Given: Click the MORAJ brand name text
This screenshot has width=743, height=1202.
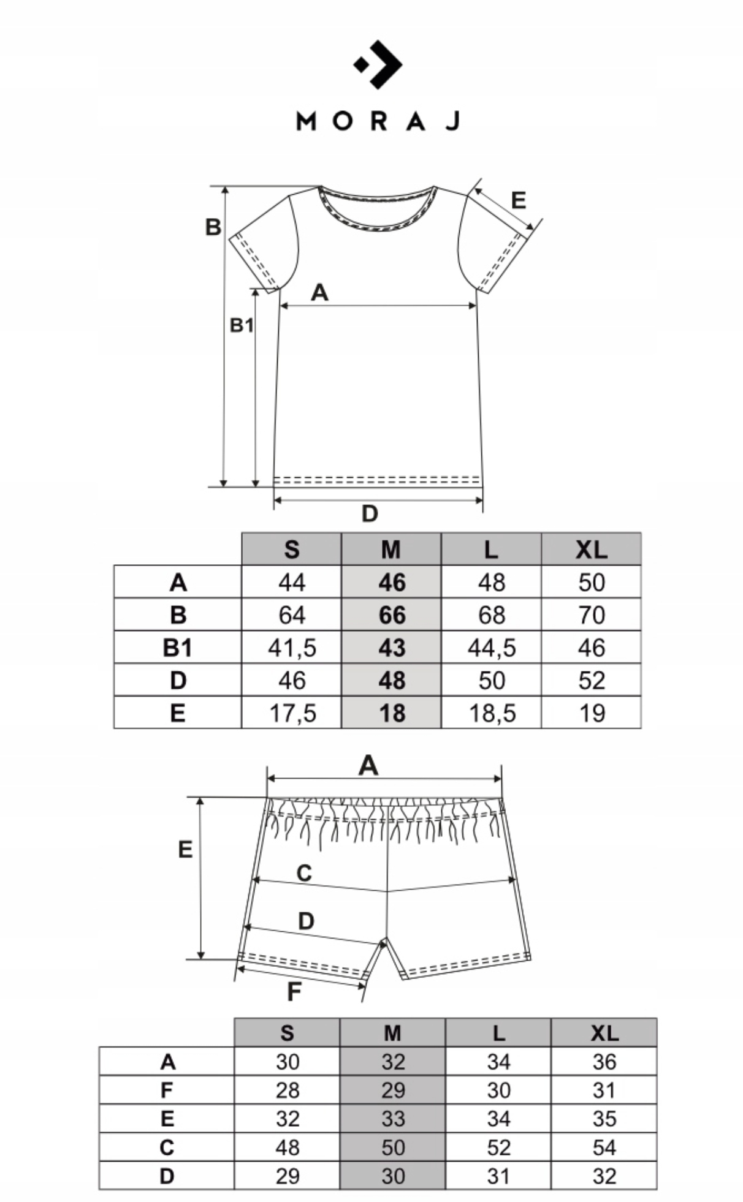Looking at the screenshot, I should point(378,121).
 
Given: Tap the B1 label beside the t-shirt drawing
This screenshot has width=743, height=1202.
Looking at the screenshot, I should point(241,325).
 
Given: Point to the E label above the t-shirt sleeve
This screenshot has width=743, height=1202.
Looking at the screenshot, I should point(518,200).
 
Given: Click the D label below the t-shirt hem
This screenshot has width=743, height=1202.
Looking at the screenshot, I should point(370,514).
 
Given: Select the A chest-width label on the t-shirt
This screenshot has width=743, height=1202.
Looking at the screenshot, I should point(319,293).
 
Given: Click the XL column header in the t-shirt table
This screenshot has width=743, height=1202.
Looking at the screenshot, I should point(591,550).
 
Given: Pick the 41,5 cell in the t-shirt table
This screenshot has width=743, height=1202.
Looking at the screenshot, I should point(291,648).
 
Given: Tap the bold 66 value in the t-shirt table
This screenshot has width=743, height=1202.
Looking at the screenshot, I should point(391,615).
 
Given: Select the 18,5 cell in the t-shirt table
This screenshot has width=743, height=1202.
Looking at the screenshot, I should point(491,713).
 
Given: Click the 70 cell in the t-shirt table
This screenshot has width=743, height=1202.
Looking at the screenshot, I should point(591,615).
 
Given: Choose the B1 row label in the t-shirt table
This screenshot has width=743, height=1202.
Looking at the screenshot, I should point(177,648).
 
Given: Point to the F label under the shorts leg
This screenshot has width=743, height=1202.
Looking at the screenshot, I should point(294,992).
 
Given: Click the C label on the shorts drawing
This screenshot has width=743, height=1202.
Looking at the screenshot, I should point(304,873).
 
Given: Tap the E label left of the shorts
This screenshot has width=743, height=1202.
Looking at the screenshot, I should point(185,850).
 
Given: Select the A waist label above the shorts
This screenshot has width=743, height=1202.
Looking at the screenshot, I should point(368,765).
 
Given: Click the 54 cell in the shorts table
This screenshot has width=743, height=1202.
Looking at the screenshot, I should point(604,1147).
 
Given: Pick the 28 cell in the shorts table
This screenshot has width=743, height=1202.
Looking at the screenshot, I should point(287,1090).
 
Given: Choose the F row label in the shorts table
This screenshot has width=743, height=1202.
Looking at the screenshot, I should point(167,1090).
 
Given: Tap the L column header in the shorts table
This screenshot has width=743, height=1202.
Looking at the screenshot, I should point(498,1034).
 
